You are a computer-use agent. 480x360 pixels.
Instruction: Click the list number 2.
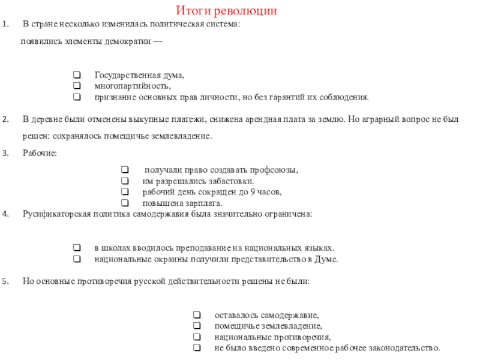pyautogui.click(x=5, y=119)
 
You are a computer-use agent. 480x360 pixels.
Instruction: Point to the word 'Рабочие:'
pyautogui.click(x=40, y=154)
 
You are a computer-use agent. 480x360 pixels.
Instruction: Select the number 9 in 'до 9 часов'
pyautogui.click(x=251, y=192)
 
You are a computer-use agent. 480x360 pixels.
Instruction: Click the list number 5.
pyautogui.click(x=5, y=281)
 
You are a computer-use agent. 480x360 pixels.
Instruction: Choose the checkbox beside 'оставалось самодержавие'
pyautogui.click(x=196, y=315)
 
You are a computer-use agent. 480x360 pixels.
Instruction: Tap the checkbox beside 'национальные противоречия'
pyautogui.click(x=196, y=337)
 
